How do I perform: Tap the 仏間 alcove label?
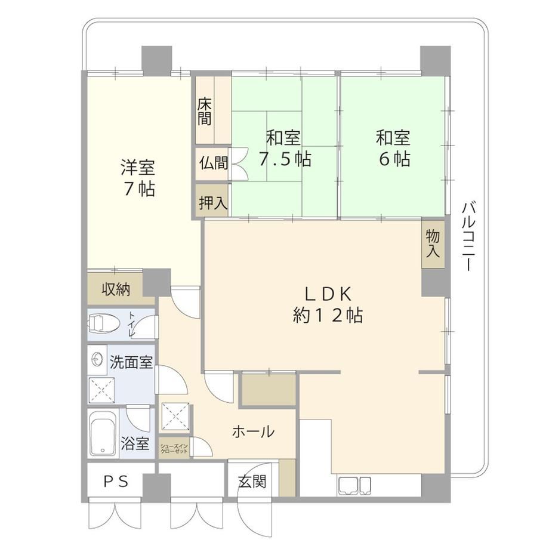pyautogui.click(x=214, y=163)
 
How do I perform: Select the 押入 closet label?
pyautogui.click(x=213, y=202)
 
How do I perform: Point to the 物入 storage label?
pyautogui.click(x=433, y=244)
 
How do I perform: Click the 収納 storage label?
pyautogui.click(x=116, y=289)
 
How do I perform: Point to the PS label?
pyautogui.click(x=116, y=482)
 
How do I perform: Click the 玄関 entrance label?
pyautogui.click(x=252, y=482)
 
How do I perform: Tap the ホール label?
pyautogui.click(x=253, y=431)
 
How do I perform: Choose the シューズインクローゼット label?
pyautogui.click(x=174, y=449)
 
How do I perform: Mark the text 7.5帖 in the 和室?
pyautogui.click(x=285, y=159)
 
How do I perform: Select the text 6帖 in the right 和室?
pyautogui.click(x=394, y=159)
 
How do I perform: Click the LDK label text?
pyautogui.click(x=328, y=294)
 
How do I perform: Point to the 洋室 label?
pyautogui.click(x=138, y=167)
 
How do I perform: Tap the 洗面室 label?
pyautogui.click(x=131, y=362)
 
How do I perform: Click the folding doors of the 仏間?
pyautogui.click(x=239, y=163)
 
